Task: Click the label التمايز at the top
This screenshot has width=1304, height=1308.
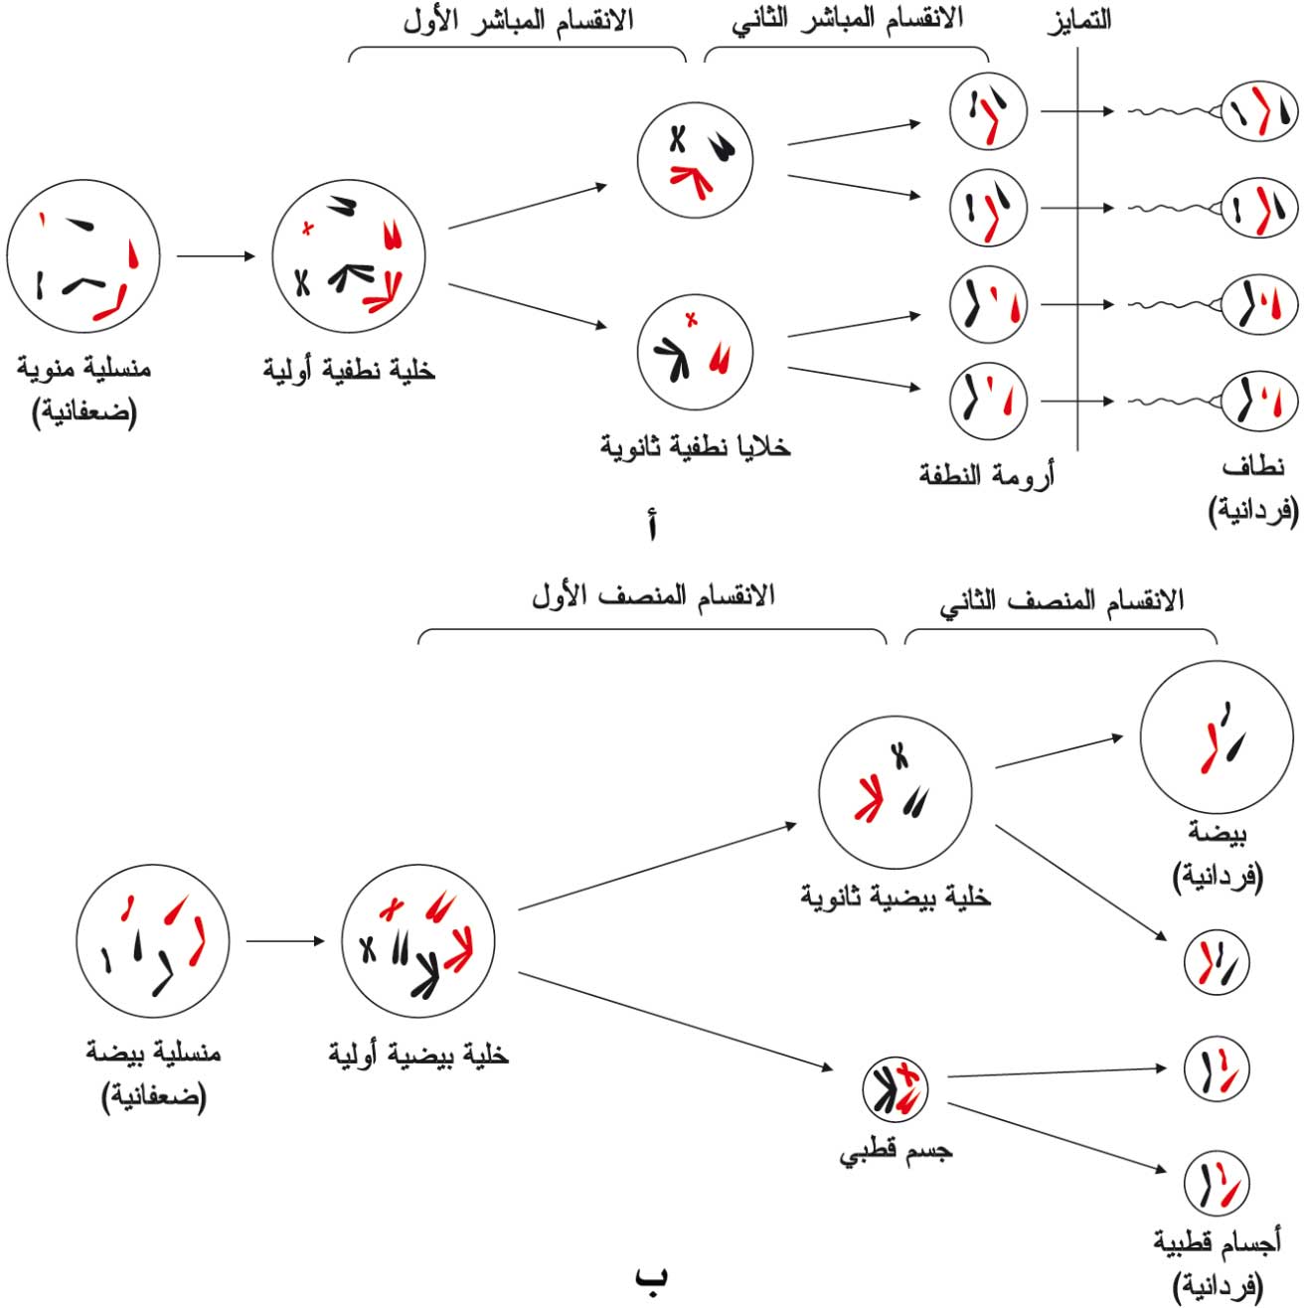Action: (x=1078, y=20)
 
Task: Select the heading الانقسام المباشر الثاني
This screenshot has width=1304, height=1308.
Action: (x=847, y=20)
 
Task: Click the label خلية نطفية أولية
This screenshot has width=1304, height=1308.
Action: (x=349, y=371)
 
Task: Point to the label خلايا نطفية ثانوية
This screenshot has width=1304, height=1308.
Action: (x=695, y=446)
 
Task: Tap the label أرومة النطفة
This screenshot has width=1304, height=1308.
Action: (x=987, y=474)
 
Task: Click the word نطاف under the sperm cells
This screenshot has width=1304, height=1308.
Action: (x=1253, y=467)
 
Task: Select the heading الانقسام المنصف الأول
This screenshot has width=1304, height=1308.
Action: (x=652, y=596)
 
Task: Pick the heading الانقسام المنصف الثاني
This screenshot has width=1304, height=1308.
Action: (x=1061, y=600)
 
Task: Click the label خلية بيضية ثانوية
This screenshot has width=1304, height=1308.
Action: (x=896, y=897)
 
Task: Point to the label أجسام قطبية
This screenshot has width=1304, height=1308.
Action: (x=1218, y=1240)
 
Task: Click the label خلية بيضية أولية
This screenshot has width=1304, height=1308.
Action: (x=418, y=1055)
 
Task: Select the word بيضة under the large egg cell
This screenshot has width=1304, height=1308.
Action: (x=1218, y=832)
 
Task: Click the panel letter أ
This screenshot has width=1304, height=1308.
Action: (x=652, y=527)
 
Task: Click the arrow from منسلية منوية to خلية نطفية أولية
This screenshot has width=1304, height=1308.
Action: (x=216, y=255)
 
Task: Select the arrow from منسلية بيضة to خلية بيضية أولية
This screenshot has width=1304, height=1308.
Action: (x=285, y=941)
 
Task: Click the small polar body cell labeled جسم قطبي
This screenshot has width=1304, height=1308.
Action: (x=896, y=1089)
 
